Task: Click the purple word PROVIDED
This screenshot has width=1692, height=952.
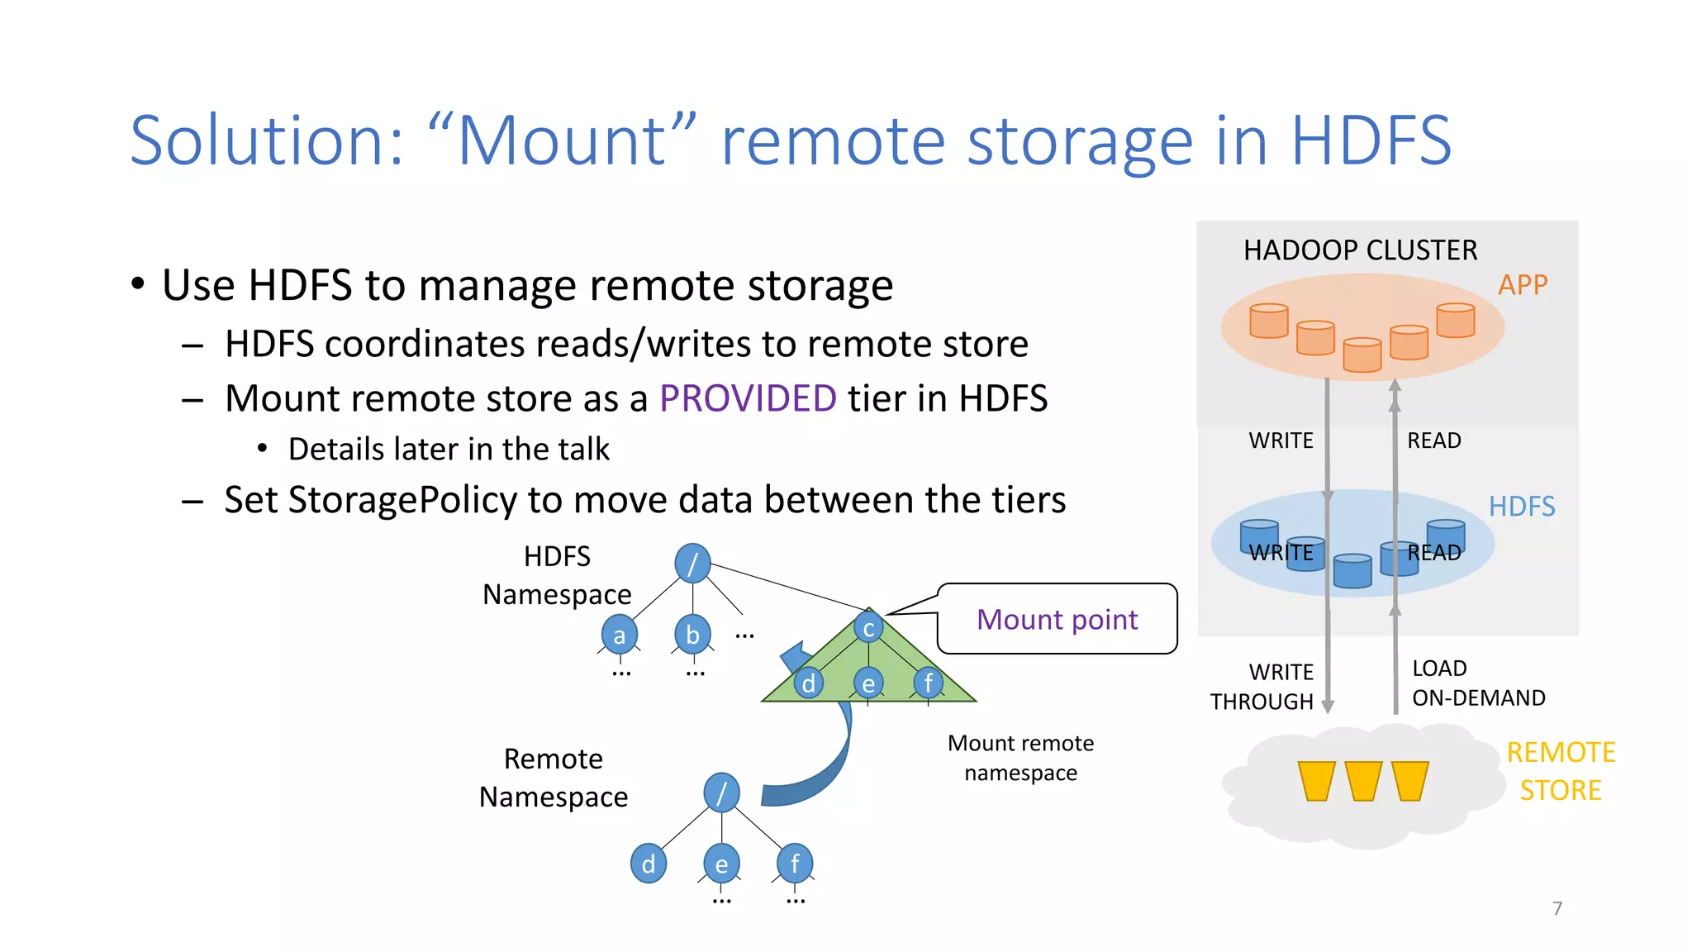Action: point(748,398)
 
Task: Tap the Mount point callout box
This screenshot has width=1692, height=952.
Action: point(1057,619)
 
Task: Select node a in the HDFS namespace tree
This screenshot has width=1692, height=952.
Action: point(619,635)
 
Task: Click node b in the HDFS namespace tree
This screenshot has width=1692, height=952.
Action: point(692,635)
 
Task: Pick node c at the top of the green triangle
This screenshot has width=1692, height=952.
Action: point(868,629)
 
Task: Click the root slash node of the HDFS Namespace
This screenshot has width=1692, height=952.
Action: point(692,564)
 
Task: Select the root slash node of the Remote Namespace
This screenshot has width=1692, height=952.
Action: point(721,793)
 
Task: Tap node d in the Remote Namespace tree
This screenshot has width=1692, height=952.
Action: point(648,864)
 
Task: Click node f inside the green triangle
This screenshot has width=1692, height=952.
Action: point(928,683)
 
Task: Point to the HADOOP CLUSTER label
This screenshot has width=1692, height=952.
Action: point(1360,250)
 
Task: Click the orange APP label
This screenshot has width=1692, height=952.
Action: point(1522,285)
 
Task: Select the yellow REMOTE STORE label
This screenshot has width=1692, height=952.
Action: point(1560,771)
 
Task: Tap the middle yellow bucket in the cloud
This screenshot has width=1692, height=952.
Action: point(1362,781)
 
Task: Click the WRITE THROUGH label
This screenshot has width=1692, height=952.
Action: point(1262,687)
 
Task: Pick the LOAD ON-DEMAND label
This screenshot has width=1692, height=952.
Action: point(1478,683)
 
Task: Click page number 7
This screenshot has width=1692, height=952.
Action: point(1557,908)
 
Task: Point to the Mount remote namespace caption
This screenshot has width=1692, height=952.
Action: point(1020,758)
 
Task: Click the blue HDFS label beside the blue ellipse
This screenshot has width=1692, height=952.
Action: point(1521,507)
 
